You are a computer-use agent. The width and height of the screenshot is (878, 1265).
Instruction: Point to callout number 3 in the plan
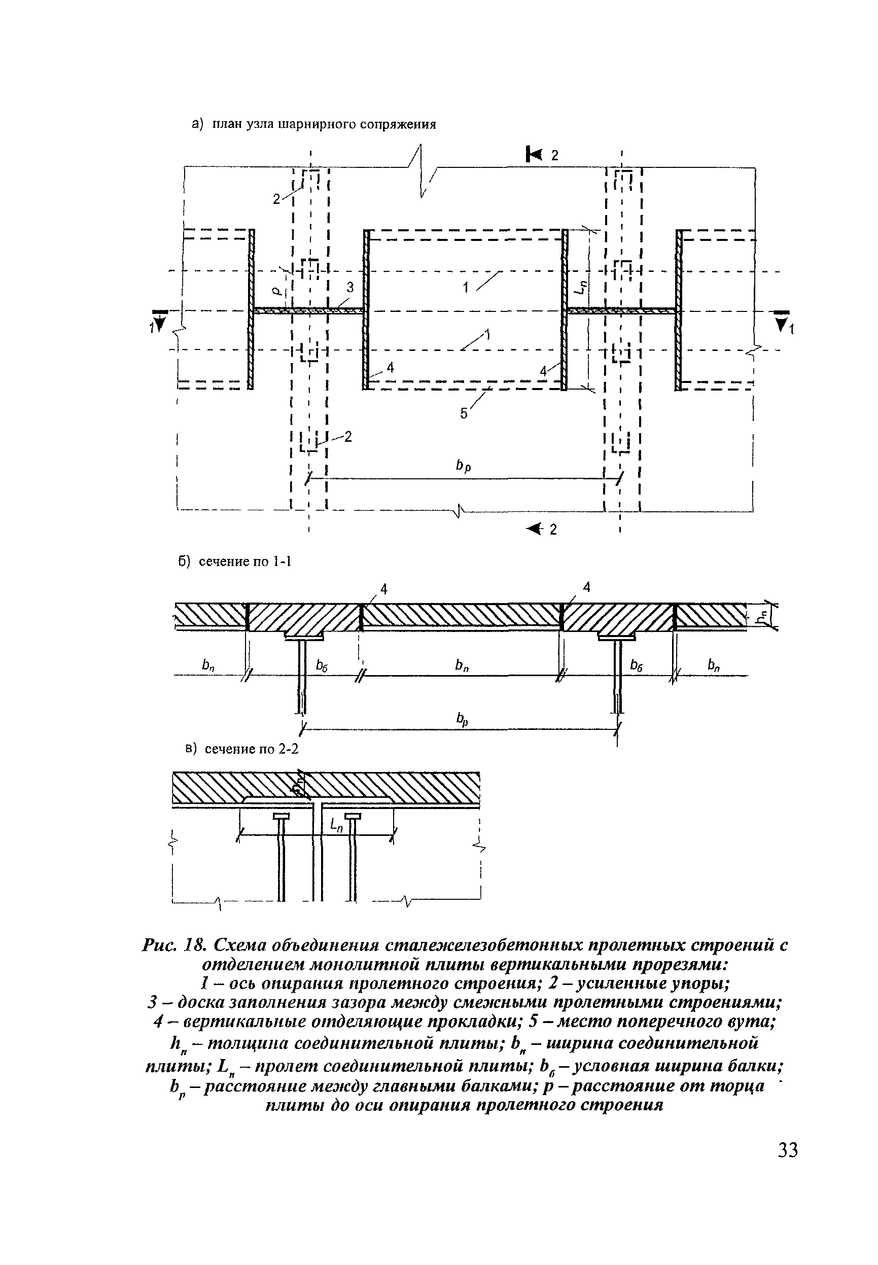tap(349, 288)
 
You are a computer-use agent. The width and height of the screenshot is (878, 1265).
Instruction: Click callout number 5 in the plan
tap(464, 412)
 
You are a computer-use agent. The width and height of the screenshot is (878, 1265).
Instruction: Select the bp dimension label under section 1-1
tap(462, 720)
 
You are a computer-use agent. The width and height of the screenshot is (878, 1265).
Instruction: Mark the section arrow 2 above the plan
tap(542, 155)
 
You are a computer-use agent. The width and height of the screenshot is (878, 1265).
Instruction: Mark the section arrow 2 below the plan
tap(542, 529)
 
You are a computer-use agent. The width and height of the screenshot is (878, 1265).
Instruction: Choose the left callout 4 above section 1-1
tap(384, 589)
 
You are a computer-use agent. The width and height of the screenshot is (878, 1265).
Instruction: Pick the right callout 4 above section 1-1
tap(586, 587)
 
